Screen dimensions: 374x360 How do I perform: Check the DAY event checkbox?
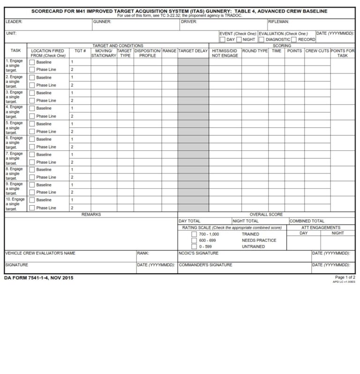click(222, 40)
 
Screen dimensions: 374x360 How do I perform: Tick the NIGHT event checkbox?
click(239, 40)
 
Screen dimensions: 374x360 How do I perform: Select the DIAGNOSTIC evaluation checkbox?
click(262, 40)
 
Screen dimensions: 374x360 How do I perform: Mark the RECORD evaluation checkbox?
click(294, 40)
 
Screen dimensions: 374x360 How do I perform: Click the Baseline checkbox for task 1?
click(32, 62)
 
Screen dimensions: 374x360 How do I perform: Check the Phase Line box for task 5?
click(32, 132)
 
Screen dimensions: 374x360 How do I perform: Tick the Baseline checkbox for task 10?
click(32, 200)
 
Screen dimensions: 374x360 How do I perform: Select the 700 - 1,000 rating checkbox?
click(194, 234)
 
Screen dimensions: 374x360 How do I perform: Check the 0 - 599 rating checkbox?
click(194, 247)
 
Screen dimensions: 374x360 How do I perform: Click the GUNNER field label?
click(102, 22)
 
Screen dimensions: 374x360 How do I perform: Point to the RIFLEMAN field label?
click(278, 22)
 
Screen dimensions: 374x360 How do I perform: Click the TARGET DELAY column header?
click(193, 51)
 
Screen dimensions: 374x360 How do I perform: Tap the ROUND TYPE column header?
click(255, 51)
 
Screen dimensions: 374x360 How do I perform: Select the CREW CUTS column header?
click(317, 51)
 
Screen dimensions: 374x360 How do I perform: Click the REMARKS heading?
click(91, 215)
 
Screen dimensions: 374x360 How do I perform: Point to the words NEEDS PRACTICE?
click(259, 240)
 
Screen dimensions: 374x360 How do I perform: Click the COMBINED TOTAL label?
click(307, 221)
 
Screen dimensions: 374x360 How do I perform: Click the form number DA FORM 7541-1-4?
click(38, 278)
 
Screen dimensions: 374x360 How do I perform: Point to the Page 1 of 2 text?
click(345, 277)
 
